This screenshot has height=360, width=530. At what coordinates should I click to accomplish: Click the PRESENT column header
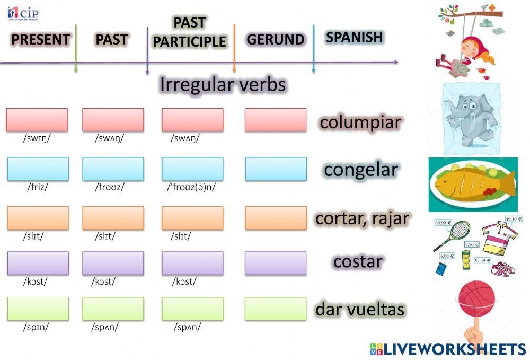click(x=40, y=40)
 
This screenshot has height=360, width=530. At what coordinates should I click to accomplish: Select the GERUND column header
click(x=275, y=40)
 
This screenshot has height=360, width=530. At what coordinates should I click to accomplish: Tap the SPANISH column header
click(x=354, y=37)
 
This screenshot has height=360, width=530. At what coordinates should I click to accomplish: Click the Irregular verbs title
click(x=223, y=85)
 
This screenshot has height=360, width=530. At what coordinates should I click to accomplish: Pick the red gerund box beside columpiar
click(x=275, y=120)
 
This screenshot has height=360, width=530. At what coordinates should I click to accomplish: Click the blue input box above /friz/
click(x=38, y=169)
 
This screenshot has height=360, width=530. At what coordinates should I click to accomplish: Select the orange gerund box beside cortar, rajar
click(x=275, y=218)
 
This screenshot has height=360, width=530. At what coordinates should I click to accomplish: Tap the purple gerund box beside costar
click(x=275, y=263)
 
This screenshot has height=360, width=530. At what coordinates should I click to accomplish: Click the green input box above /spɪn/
click(x=38, y=309)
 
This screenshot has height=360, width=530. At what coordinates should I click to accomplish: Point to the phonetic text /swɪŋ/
click(x=37, y=139)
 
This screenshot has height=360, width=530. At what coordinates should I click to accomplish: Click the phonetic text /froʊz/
click(x=110, y=187)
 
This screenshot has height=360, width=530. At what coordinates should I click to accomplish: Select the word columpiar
click(x=360, y=122)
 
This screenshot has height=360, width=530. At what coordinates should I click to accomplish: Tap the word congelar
click(x=360, y=170)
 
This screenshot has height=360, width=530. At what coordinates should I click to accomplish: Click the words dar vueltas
click(x=360, y=309)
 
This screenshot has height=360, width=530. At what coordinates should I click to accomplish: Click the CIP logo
click(x=23, y=13)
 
